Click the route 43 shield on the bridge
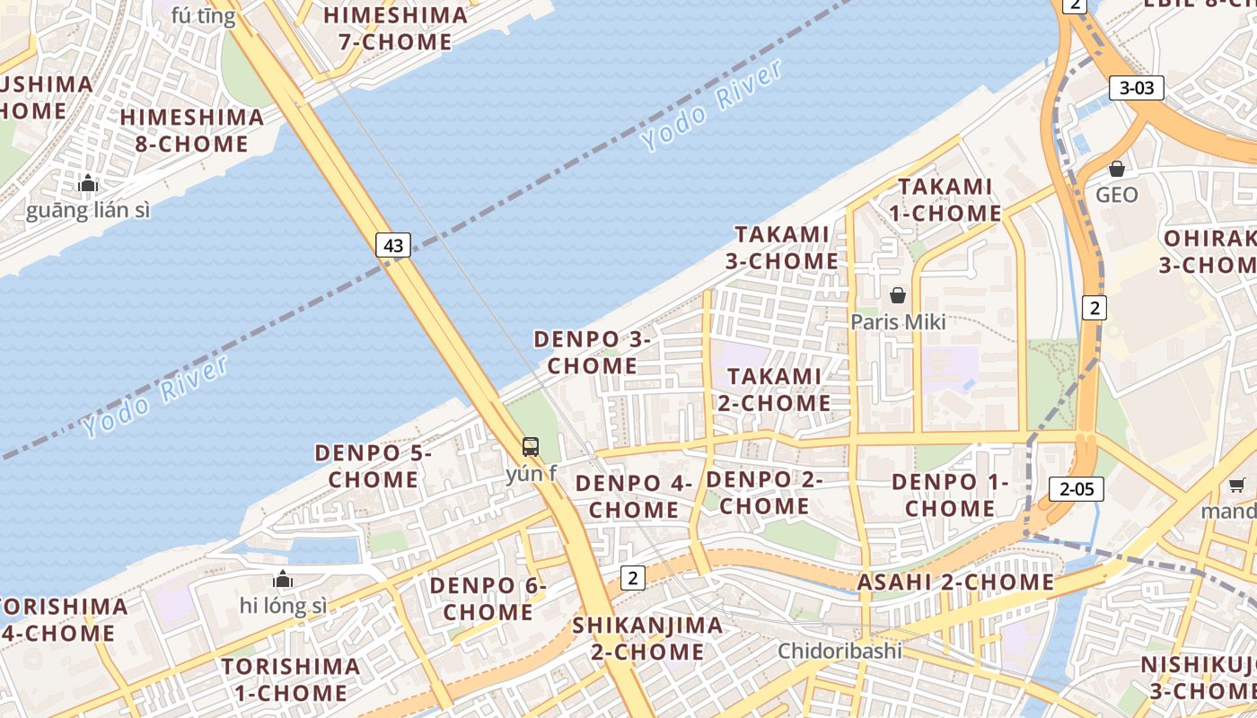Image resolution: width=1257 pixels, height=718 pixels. [393, 244]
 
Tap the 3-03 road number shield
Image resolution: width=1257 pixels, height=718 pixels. [1137, 88]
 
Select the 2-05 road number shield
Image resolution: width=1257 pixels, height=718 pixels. [1077, 489]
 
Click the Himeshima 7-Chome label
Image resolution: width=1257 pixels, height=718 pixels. [396, 29]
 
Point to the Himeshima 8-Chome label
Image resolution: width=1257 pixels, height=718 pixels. [192, 130]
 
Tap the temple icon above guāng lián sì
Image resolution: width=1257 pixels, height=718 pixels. [88, 184]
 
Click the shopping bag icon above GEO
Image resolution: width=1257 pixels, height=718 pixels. [1117, 169]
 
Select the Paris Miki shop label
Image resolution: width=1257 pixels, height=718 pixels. [898, 321]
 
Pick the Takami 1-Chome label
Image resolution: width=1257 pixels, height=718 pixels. [945, 200]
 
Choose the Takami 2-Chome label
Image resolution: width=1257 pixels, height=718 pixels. [774, 390]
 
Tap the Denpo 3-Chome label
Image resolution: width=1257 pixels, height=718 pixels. [592, 353]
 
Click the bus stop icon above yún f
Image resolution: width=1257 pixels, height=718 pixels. [531, 446]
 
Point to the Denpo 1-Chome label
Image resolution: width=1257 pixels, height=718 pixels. [950, 495]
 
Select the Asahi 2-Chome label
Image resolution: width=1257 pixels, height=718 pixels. [955, 582]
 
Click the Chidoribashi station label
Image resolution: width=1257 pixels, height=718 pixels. [839, 651]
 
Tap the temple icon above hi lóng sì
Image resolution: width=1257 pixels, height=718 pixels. [283, 580]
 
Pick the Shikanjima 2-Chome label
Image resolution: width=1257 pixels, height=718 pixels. [647, 638]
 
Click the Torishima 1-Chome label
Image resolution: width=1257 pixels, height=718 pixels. [291, 679]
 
